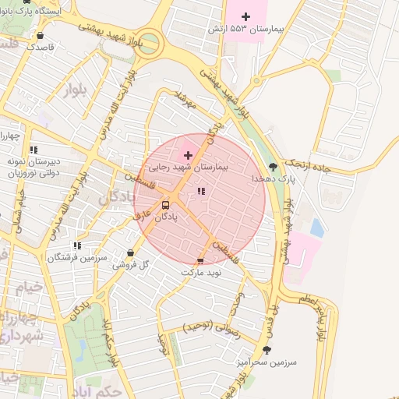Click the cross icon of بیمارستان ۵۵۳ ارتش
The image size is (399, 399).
pyautogui.click(x=246, y=16)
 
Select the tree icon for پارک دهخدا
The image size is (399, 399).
pyautogui.click(x=272, y=166)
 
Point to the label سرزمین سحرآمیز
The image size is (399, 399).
pyautogui.click(x=265, y=362)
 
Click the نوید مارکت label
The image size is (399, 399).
pyautogui.click(x=202, y=273)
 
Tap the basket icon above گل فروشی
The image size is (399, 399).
pyautogui.click(x=130, y=253)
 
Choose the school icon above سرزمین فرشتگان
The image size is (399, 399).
pyautogui.click(x=76, y=245)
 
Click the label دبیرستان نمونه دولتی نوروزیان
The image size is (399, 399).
pyautogui.click(x=34, y=168)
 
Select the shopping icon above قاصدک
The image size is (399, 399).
pyautogui.click(x=40, y=35)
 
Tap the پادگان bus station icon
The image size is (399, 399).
pyautogui.click(x=165, y=206)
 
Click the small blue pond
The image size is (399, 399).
pyautogui.click(x=316, y=228)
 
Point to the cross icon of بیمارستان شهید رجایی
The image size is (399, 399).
pyautogui.click(x=188, y=155)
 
